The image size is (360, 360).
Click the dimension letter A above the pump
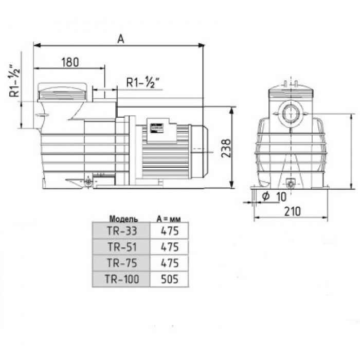[x=120, y=39]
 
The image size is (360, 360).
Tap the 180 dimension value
[x=70, y=62]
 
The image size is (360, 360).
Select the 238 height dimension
[x=226, y=148]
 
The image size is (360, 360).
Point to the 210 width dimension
[x=292, y=211]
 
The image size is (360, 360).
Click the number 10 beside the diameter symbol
[x=281, y=197]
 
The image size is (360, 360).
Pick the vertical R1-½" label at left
[x=15, y=81]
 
